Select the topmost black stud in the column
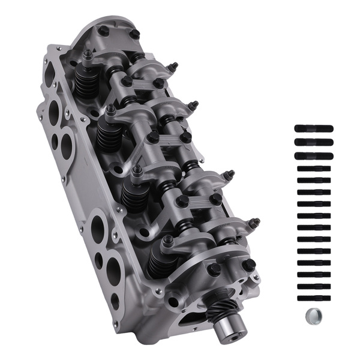coord(313,128)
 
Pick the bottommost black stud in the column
coord(313,298)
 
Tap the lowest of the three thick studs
coord(313,157)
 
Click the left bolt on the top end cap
coord(103,31)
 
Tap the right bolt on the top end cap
coord(134,34)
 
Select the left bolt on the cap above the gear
coord(214,270)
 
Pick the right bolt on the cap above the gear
coord(248,265)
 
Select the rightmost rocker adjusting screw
coord(255,223)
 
